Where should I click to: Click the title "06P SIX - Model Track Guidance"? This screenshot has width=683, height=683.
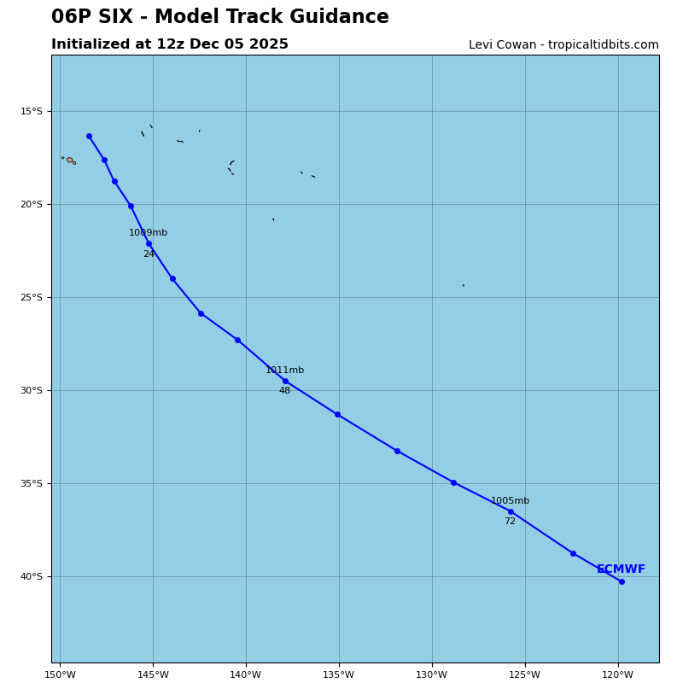[x=219, y=17]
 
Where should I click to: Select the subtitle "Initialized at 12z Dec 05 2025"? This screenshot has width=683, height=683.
[x=170, y=44]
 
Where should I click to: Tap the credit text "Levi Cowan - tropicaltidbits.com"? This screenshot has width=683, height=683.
[x=563, y=45]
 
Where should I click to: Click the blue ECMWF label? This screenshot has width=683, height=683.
[x=621, y=569]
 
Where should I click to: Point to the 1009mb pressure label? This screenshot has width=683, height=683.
[x=149, y=233]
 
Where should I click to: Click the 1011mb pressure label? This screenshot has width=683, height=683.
[x=284, y=371]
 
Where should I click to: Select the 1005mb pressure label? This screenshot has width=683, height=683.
[x=510, y=501]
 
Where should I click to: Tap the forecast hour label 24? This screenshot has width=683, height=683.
[x=149, y=254]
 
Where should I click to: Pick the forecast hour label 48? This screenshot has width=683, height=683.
[x=284, y=391]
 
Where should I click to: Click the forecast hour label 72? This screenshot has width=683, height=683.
[x=510, y=522]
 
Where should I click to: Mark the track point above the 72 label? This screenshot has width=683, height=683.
[x=511, y=511]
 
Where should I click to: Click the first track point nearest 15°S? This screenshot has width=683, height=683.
[x=89, y=136]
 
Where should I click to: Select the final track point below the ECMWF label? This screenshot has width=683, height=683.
[x=622, y=581]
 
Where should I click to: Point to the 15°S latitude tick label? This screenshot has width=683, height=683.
[x=32, y=112]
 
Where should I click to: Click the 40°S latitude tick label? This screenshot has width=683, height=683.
[x=32, y=577]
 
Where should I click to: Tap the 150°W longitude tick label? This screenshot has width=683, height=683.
[x=60, y=675]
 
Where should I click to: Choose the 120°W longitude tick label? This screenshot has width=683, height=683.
[x=618, y=675]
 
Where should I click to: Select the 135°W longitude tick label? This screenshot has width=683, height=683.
[x=339, y=675]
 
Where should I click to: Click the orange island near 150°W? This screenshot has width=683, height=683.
[x=70, y=160]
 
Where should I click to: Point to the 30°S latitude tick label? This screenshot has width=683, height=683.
[x=32, y=391]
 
